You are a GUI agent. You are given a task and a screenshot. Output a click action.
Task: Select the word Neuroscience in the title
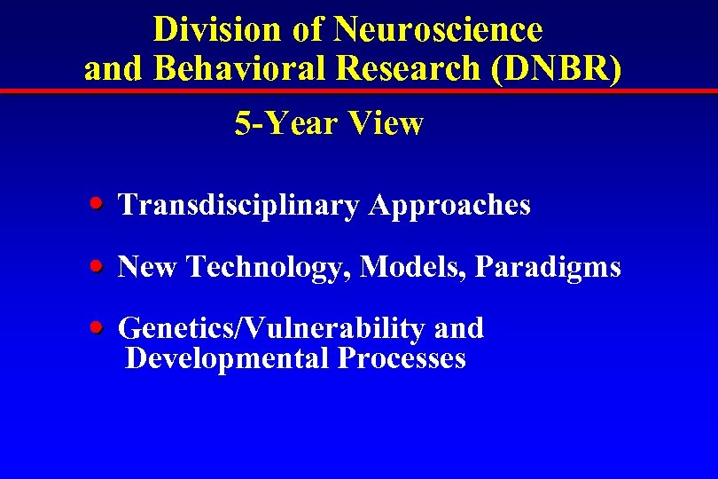(x=438, y=29)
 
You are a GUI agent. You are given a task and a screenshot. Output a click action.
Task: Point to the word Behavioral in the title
(x=246, y=69)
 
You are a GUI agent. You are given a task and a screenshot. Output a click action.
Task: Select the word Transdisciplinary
(x=238, y=205)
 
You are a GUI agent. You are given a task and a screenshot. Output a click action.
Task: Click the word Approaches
(x=449, y=205)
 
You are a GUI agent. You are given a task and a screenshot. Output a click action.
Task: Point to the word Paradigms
(x=548, y=266)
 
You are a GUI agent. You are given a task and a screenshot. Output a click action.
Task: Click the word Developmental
(x=227, y=358)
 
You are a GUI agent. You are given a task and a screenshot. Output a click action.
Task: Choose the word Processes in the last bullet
(x=402, y=358)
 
